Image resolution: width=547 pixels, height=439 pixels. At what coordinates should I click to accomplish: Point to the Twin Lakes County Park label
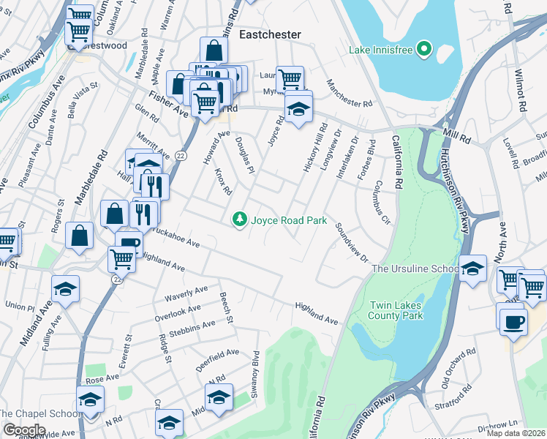388,309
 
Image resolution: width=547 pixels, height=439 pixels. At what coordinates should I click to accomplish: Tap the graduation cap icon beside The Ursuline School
473,269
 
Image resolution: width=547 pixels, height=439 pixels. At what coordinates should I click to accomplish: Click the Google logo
24,429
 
